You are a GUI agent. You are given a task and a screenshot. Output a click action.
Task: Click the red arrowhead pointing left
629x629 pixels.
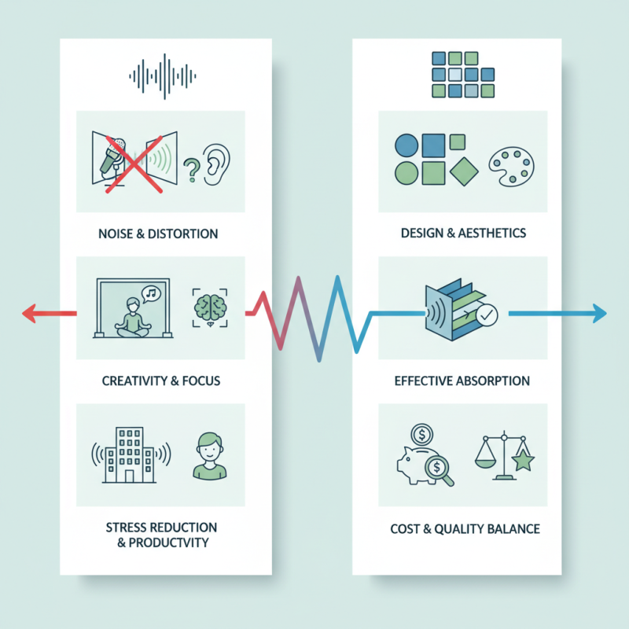tap(29, 313)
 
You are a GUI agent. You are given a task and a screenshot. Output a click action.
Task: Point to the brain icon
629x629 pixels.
tap(208, 307)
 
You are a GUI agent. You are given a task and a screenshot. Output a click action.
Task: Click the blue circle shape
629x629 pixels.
tap(406, 145)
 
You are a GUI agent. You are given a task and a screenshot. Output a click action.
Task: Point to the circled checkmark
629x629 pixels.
tap(487, 316)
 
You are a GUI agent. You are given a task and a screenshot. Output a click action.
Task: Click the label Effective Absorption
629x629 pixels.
tap(462, 381)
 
